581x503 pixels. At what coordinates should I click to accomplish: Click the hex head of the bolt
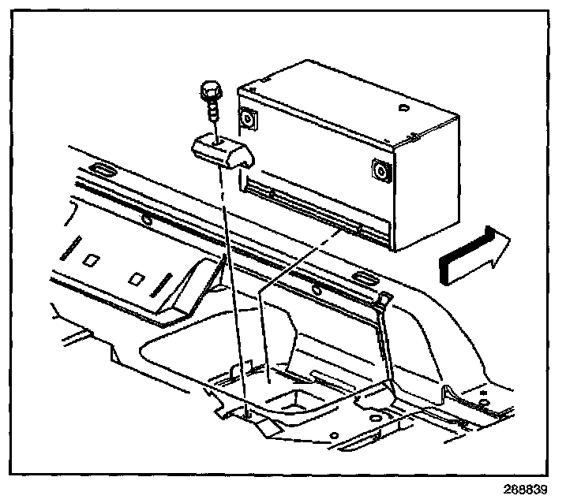(211, 92)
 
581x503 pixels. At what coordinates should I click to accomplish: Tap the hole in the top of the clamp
(215, 141)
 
